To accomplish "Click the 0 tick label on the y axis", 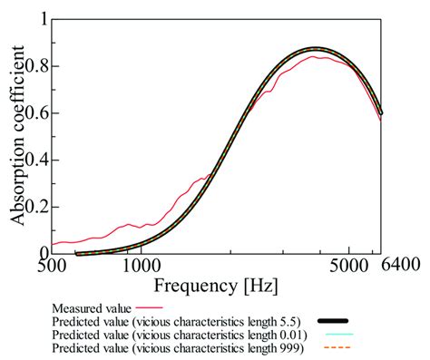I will [43, 253].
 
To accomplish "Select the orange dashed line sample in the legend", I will [333, 347].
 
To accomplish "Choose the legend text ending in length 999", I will [179, 347].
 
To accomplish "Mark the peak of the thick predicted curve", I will [315, 50].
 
